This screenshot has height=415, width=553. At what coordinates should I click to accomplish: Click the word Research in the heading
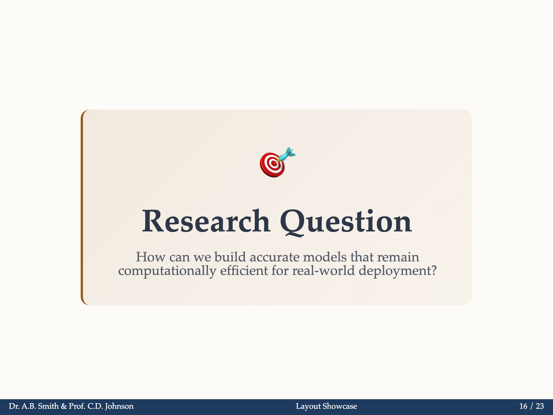pyautogui.click(x=206, y=221)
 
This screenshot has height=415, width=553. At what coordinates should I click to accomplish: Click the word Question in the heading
pyautogui.click(x=346, y=222)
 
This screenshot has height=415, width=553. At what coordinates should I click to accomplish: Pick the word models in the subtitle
pyautogui.click(x=325, y=257)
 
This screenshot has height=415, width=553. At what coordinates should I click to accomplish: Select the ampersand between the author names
pyautogui.click(x=64, y=406)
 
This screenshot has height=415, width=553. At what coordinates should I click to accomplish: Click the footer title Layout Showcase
pyautogui.click(x=326, y=406)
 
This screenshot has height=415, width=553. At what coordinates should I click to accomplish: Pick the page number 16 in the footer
pyautogui.click(x=523, y=406)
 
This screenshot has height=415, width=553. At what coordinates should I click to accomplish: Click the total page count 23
pyautogui.click(x=540, y=406)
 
